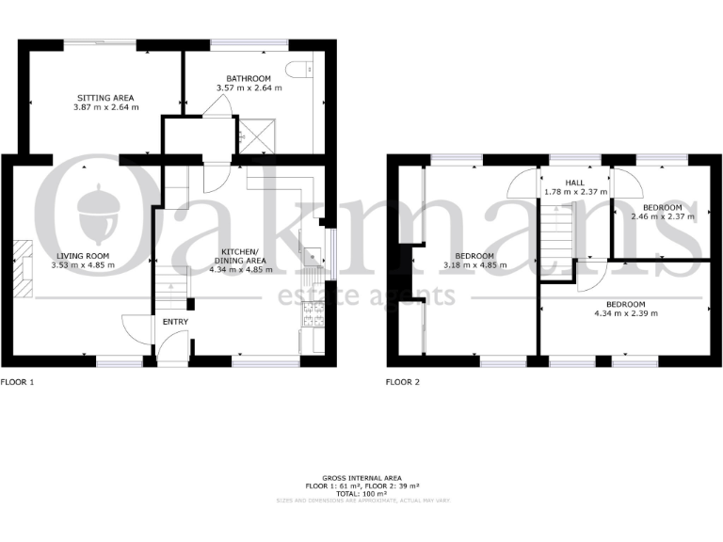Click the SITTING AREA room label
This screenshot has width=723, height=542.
click(105, 97)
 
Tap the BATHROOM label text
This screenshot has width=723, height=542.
click(249, 78)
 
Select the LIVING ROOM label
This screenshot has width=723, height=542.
click(80, 256)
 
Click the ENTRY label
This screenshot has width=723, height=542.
click(175, 323)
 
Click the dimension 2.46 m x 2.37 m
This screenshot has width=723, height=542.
click(662, 216)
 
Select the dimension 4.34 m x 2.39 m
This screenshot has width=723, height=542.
click(625, 313)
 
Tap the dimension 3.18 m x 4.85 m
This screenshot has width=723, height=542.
click(474, 265)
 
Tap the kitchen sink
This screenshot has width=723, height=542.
click(310, 251)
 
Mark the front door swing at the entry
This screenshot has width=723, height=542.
click(137, 328)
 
